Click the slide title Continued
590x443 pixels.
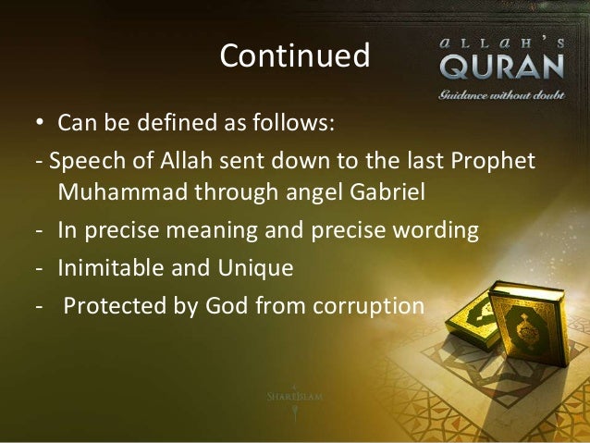[x=294, y=56]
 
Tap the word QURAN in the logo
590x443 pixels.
[x=500, y=68]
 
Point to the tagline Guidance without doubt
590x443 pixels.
[x=500, y=92]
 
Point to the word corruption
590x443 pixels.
[x=369, y=306]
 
